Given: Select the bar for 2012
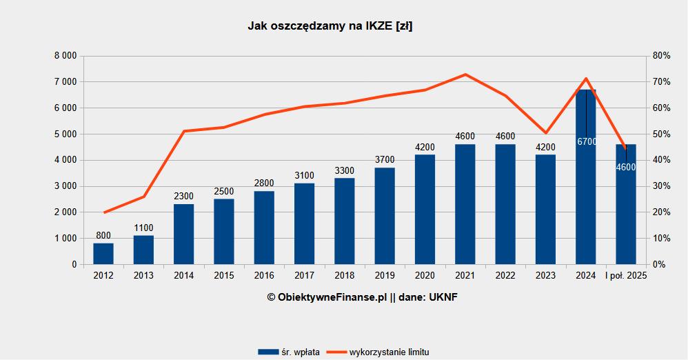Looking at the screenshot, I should click(x=103, y=253).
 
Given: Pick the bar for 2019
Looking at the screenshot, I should click(x=385, y=216).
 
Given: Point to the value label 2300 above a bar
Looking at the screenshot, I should click(x=183, y=197).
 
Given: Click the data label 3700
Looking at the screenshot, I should click(x=385, y=160).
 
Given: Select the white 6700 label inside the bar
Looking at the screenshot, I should click(x=586, y=141).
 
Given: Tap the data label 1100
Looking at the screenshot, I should click(x=143, y=228).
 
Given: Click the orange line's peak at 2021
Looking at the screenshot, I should click(x=465, y=74).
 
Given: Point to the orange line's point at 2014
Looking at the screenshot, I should click(x=183, y=131).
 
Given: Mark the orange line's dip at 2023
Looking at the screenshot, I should click(x=545, y=132).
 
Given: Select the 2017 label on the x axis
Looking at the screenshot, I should click(x=304, y=276).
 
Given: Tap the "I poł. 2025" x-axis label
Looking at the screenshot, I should click(x=626, y=276).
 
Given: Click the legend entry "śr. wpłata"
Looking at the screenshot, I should click(x=289, y=352).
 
